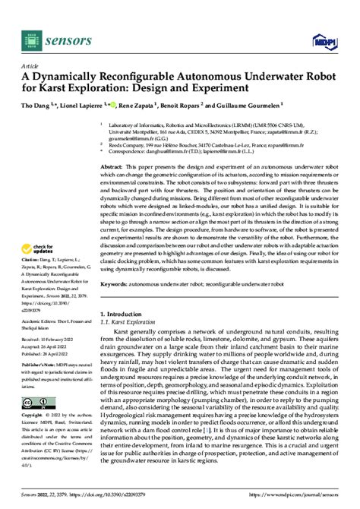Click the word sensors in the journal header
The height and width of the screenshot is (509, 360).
coord(68,38)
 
